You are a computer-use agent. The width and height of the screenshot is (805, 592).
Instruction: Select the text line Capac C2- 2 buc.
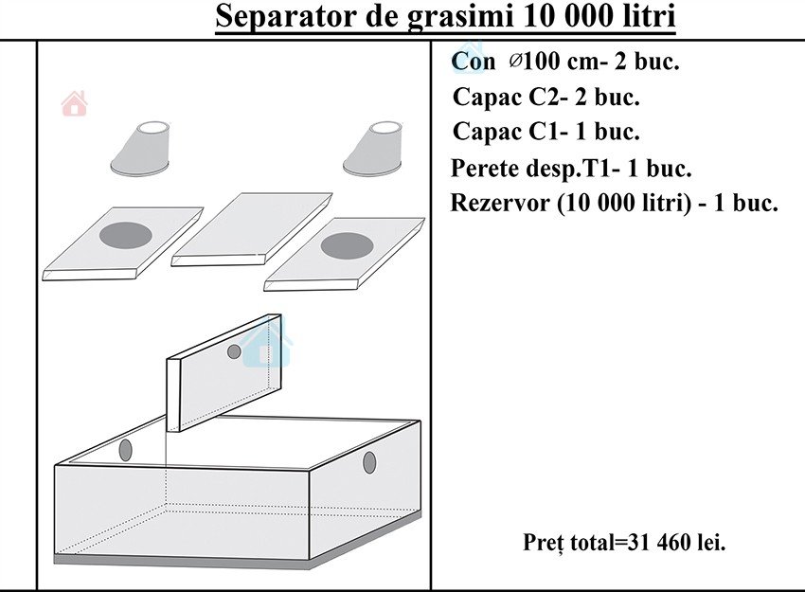click(546, 97)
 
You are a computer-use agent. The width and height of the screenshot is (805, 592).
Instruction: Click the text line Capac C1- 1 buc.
click(546, 132)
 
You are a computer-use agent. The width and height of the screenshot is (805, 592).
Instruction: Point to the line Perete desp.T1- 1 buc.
click(571, 168)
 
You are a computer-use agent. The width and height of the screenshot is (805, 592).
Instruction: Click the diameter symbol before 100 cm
click(515, 61)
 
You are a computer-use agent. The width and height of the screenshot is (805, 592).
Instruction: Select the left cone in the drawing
click(140, 150)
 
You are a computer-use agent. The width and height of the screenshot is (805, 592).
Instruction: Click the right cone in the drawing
click(373, 150)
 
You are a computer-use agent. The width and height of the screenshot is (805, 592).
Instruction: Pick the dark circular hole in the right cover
click(347, 246)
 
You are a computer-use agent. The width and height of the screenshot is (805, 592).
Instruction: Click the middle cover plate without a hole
click(252, 229)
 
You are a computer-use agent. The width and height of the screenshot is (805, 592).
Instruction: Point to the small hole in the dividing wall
click(234, 351)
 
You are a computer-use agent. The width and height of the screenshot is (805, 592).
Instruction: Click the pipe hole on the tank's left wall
click(125, 450)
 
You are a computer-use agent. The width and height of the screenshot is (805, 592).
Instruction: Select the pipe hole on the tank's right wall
click(369, 462)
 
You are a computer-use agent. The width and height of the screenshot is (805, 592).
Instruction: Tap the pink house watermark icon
click(75, 103)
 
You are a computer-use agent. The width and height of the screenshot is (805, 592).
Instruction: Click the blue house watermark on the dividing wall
click(266, 343)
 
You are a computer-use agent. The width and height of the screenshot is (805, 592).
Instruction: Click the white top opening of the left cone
click(154, 127)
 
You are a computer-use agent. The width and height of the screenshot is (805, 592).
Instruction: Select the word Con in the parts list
click(473, 62)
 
